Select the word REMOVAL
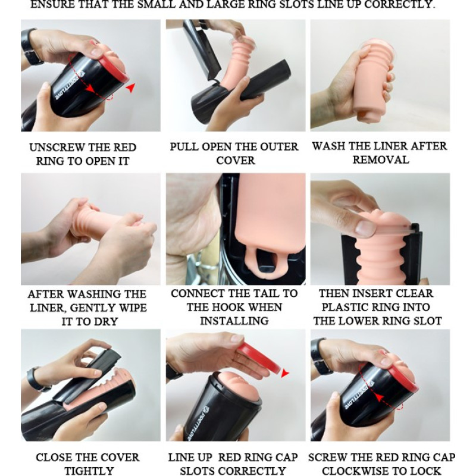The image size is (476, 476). coord(381,159)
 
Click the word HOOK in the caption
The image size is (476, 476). coord(244,307)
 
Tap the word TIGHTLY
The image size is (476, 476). coord(89,471)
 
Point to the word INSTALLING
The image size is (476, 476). coord(234,321)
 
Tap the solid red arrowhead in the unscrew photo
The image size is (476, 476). coord(130,87)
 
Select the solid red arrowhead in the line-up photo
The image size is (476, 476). coord(284,373)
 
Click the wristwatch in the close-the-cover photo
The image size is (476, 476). coord(37,380)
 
